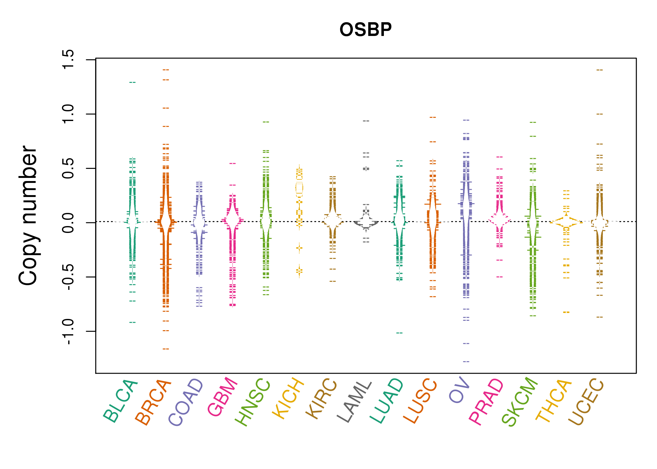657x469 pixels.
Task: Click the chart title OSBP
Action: [x=365, y=30]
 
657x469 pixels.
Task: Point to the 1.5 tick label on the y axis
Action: [x=68, y=59]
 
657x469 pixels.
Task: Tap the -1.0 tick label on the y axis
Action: [x=68, y=331]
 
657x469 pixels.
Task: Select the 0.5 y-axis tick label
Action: [x=68, y=168]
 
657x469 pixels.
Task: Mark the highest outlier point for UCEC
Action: [x=599, y=70]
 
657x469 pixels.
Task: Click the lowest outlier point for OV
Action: [x=466, y=361]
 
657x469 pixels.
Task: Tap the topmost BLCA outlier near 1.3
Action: [x=133, y=82]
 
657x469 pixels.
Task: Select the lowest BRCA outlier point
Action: [x=166, y=349]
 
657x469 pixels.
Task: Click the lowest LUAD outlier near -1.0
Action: [x=400, y=333]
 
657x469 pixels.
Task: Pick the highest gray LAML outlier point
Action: [x=366, y=121]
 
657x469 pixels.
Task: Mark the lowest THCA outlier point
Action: [x=566, y=312]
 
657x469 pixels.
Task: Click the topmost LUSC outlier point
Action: [x=433, y=117]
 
